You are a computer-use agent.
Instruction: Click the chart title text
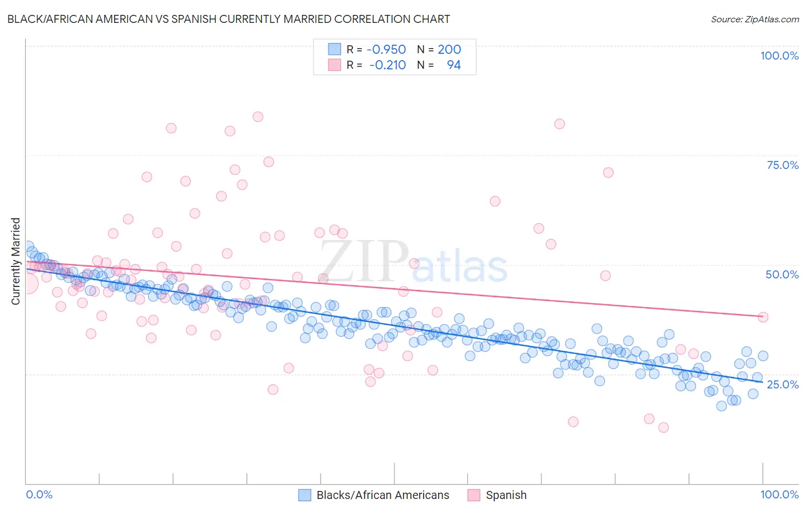[228, 19]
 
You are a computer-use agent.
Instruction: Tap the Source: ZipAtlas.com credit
[754, 19]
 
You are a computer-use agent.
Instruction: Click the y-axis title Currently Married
[15, 261]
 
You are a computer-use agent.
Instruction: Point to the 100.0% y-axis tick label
[779, 56]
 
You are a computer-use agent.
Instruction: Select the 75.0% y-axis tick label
[782, 165]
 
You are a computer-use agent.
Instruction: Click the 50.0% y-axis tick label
[782, 274]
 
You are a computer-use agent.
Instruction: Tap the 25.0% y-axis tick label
[782, 384]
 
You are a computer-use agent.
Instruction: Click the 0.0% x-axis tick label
[39, 494]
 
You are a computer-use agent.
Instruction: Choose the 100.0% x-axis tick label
[779, 494]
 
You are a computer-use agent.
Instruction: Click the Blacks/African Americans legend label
[382, 495]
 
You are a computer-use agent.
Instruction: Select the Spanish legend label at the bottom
[506, 495]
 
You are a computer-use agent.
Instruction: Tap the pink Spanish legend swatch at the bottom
[474, 495]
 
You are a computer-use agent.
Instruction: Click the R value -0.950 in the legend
[387, 50]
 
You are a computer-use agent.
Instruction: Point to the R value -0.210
[388, 65]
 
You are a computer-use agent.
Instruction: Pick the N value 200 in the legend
[449, 50]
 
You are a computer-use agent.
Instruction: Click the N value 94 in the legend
[453, 65]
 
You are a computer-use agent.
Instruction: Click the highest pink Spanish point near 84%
[258, 117]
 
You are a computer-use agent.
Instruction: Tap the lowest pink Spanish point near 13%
[663, 427]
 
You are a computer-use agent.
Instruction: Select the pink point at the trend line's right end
[762, 317]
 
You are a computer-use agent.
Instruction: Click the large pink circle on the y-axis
[27, 284]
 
